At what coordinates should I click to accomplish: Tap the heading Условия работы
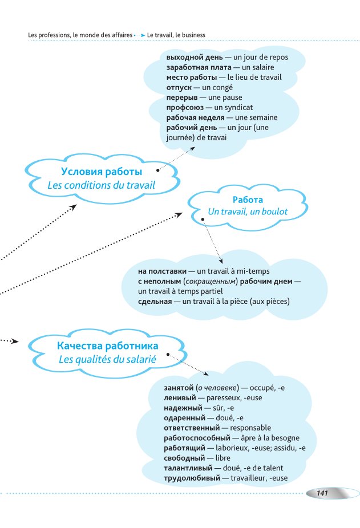[102, 172]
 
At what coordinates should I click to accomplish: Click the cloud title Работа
[248, 200]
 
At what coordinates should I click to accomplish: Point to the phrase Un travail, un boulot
[248, 212]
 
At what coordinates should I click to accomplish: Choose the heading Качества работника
[108, 346]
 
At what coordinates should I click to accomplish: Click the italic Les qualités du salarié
[108, 359]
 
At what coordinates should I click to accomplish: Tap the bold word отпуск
[178, 87]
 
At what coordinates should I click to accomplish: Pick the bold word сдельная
[155, 300]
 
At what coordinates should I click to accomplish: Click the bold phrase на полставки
[163, 271]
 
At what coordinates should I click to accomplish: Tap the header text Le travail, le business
[176, 35]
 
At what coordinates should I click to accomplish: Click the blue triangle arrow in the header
[143, 35]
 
